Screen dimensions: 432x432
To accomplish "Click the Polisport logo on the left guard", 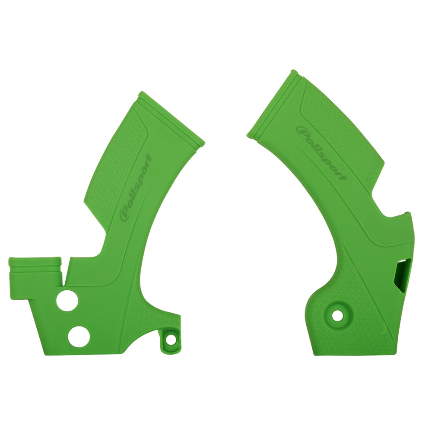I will [x=135, y=187].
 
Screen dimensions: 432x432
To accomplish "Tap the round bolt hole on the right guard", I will [x=337, y=315].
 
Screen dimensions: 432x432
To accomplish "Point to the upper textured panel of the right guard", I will [x=341, y=130].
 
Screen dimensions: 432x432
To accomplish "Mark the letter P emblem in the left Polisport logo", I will [x=126, y=213].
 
